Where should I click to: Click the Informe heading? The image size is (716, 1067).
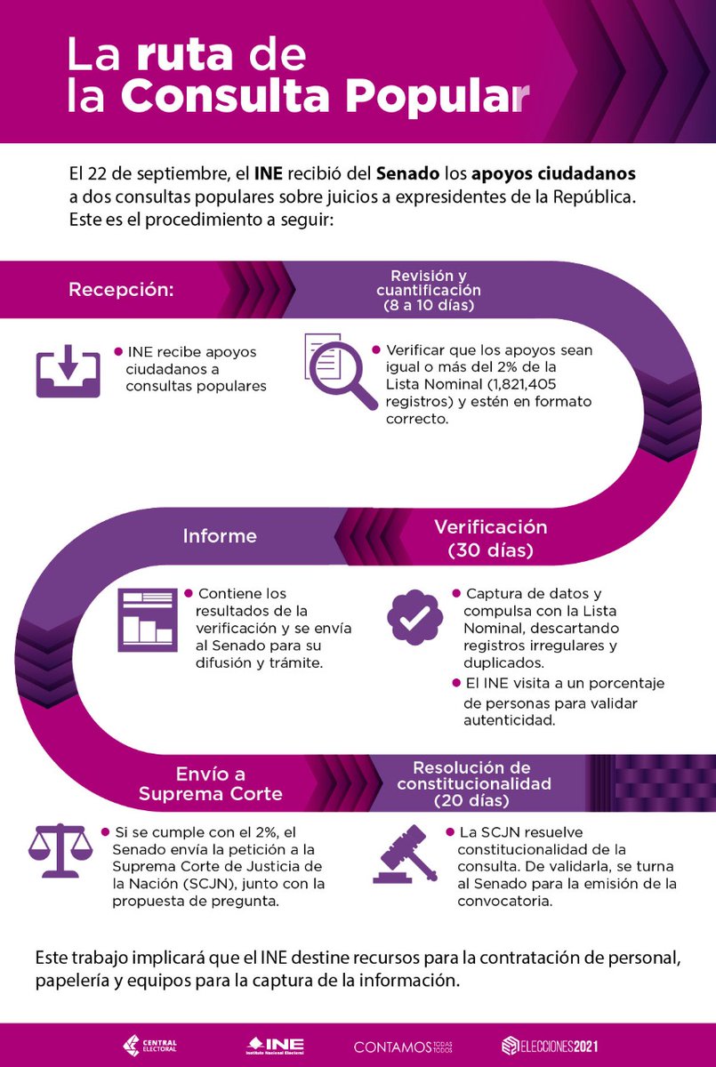[x=220, y=536]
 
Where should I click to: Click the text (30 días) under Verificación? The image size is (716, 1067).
[x=490, y=550]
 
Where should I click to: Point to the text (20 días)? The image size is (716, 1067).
[x=471, y=801]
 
